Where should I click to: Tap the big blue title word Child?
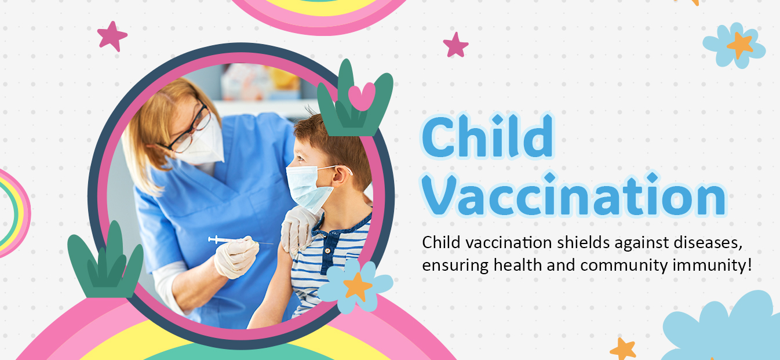pos(487,135)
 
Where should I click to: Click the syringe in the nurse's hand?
pos(240,240)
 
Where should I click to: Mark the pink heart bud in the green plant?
pos(362,96)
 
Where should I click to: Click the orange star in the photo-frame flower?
pos(358,286)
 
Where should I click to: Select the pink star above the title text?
pos(455,45)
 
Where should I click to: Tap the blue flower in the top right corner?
pos(734,46)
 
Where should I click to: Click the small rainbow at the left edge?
pos(14,213)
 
